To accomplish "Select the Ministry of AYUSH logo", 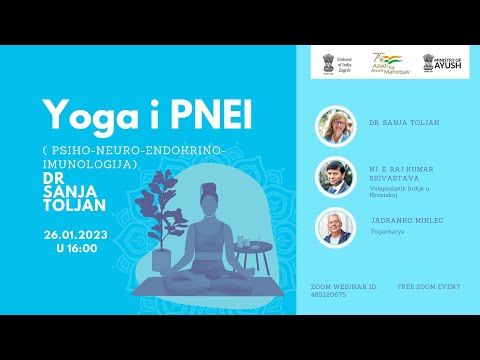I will tap(442, 63).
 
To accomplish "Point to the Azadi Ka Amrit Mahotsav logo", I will tap(391, 63).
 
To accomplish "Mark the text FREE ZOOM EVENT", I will tap(429, 286).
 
